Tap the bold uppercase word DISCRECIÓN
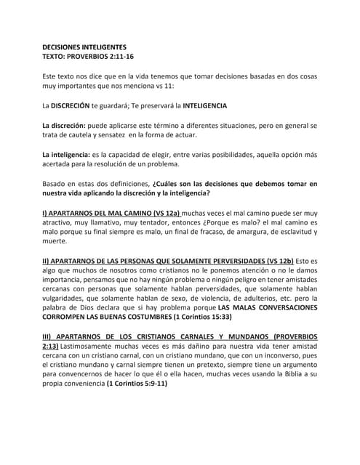point(76,105)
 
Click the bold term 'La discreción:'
point(64,126)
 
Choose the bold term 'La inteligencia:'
point(67,155)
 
